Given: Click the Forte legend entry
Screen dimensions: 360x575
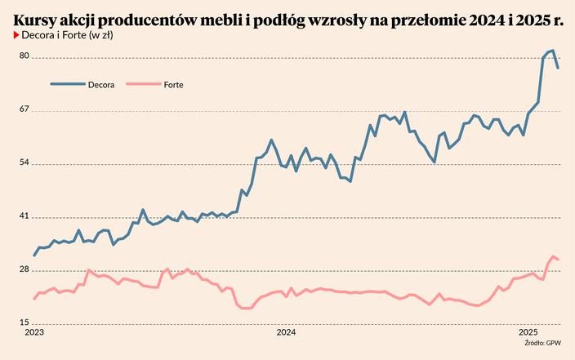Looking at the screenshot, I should (172, 84).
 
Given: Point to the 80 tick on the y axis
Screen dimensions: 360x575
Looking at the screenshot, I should (25, 56).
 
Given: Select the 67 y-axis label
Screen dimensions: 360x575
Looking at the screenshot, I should (25, 109).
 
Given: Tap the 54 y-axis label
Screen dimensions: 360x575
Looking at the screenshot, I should (25, 163).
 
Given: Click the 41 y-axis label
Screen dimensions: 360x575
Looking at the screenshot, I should (25, 216).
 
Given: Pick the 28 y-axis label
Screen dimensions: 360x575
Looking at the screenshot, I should (25, 270).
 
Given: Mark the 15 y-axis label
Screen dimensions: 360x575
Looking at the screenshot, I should (25, 323).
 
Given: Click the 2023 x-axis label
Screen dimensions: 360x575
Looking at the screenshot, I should (34, 333).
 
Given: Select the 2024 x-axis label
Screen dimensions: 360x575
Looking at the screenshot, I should (286, 333).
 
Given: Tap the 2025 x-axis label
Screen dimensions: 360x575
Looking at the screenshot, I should (528, 333).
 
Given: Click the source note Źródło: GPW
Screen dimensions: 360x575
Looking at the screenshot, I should (542, 344).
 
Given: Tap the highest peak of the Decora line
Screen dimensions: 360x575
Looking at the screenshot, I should (553, 51).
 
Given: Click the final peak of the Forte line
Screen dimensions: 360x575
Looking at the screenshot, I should (553, 256).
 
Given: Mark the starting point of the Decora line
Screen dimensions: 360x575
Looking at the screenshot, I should (34, 256).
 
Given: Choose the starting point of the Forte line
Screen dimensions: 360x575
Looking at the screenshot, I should (34, 299).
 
